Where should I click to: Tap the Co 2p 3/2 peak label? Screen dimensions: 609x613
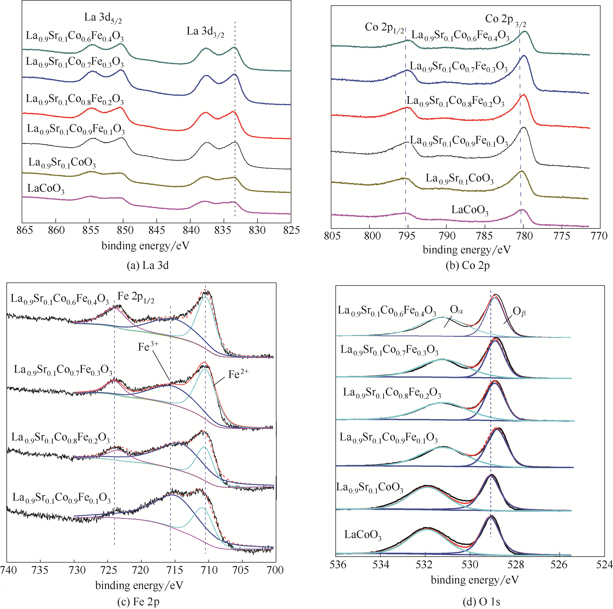tap(505, 20)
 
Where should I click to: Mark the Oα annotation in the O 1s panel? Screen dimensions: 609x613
tap(456, 310)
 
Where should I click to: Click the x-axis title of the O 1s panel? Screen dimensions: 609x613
tap(474, 580)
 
